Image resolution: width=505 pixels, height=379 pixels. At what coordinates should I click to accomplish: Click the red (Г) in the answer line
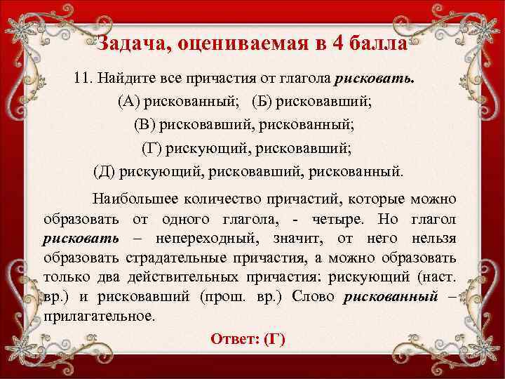(274, 339)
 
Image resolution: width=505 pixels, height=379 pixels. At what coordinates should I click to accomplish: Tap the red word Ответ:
(234, 339)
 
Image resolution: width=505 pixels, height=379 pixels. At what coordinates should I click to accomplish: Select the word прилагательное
(97, 315)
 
